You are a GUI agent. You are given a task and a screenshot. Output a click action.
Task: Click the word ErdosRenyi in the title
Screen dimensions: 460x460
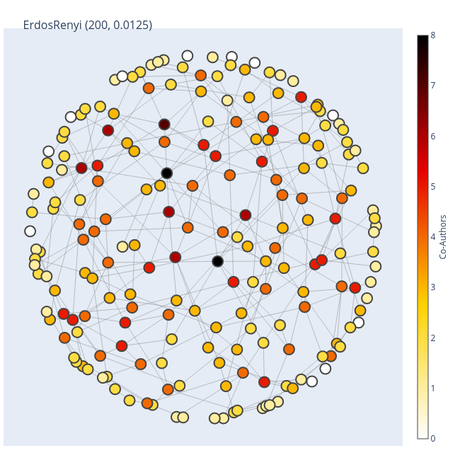[53, 25]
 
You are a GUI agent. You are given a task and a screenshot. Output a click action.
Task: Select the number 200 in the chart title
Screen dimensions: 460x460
[98, 25]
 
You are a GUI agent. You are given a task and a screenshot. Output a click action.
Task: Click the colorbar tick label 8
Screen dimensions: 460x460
[433, 35]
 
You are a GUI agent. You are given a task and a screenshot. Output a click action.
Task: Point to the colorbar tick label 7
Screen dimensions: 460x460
[433, 86]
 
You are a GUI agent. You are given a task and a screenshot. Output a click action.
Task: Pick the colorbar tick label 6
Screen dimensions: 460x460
[433, 136]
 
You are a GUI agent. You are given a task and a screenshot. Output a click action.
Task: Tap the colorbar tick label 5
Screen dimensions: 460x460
[433, 187]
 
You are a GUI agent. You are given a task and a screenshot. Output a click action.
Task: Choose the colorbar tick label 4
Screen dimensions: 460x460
[433, 237]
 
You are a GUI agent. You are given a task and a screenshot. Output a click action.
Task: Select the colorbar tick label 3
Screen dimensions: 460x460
[433, 287]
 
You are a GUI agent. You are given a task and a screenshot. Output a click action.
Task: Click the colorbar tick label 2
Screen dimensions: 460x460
[433, 338]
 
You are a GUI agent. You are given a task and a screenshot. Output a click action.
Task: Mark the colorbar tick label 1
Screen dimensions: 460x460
[433, 389]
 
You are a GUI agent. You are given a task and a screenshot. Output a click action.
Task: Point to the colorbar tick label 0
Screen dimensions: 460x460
[433, 439]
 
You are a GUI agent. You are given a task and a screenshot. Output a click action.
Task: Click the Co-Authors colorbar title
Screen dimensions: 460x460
[444, 236]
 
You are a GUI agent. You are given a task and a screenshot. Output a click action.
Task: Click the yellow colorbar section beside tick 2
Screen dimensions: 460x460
[422, 338]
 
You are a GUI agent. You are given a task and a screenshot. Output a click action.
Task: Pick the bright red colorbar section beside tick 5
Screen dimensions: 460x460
[422, 187]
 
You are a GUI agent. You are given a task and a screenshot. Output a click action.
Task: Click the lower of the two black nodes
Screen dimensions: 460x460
[217, 261]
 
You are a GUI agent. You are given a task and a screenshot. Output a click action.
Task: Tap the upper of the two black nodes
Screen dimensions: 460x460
[166, 173]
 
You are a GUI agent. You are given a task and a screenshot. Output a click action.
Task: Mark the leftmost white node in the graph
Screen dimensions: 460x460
[30, 231]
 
